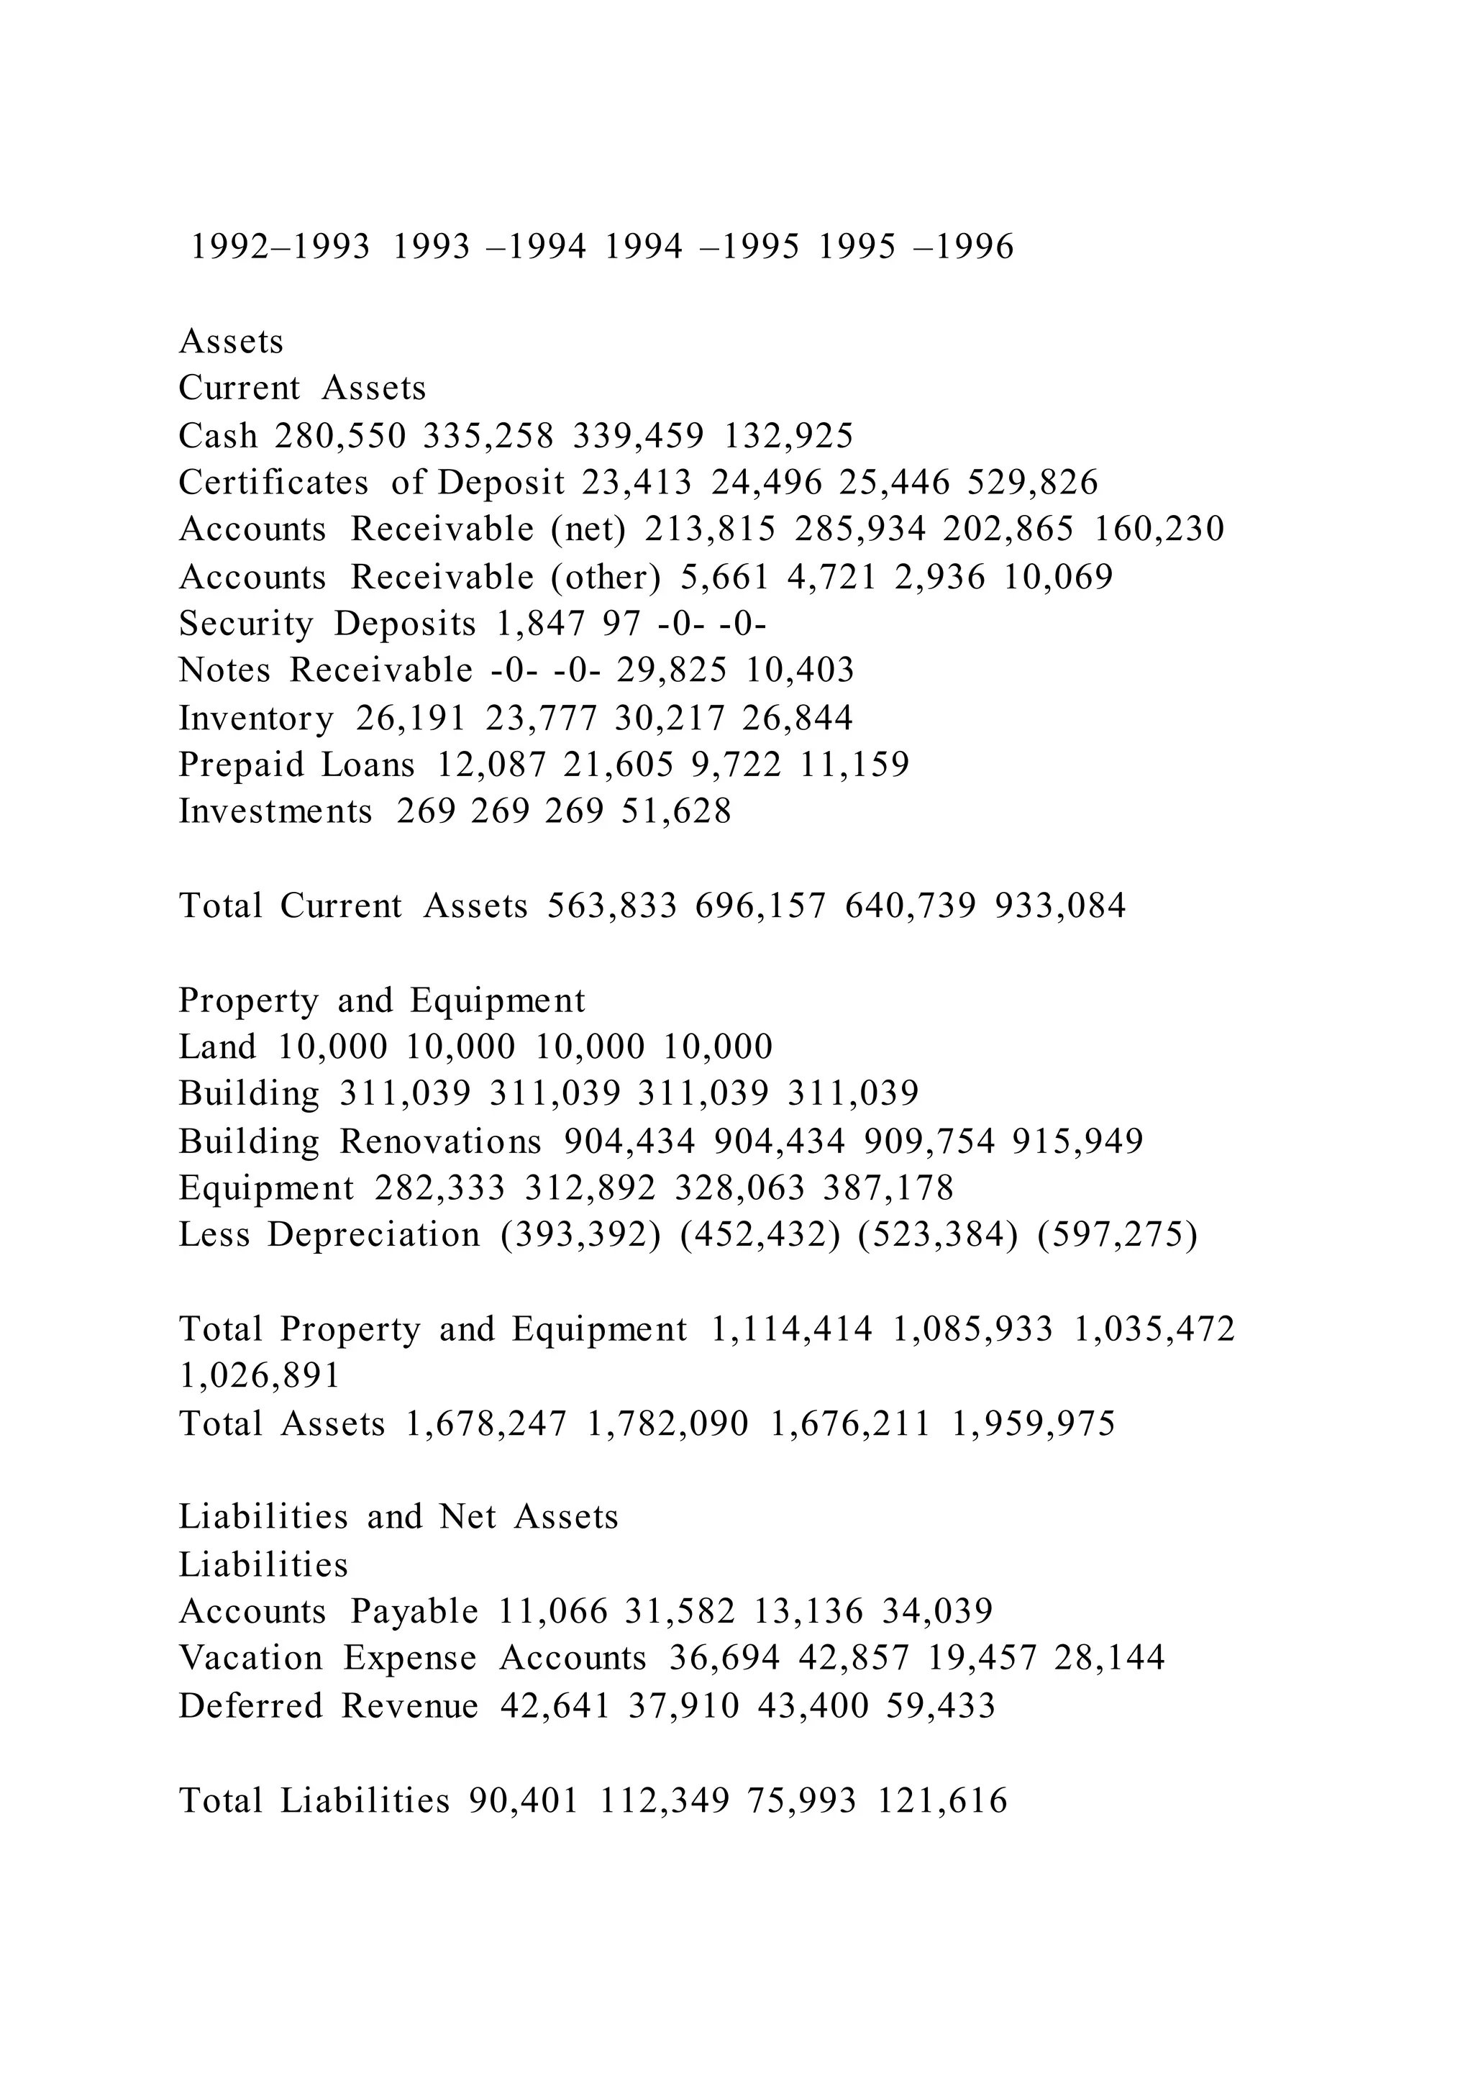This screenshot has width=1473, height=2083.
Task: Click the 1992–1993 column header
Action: click(x=281, y=247)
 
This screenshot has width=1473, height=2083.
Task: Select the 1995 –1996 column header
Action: click(x=916, y=247)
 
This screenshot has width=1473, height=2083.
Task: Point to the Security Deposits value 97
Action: click(x=621, y=624)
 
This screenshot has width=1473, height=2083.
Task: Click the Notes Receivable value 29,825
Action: click(x=672, y=670)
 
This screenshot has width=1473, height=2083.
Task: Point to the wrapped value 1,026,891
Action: click(x=260, y=1376)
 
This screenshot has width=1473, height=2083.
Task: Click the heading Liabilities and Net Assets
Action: click(x=398, y=1517)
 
